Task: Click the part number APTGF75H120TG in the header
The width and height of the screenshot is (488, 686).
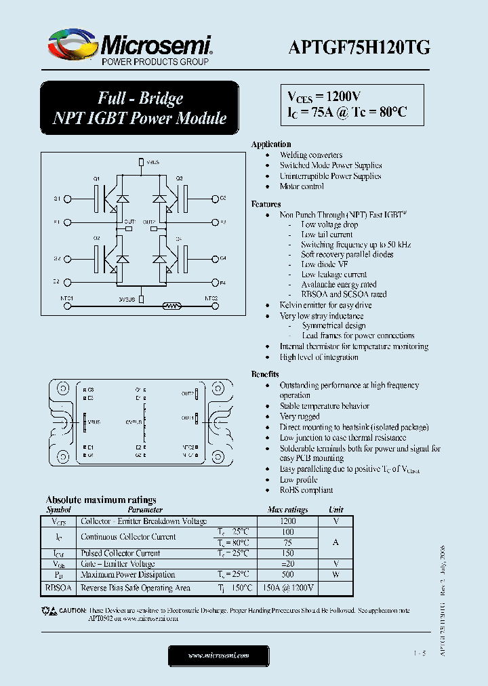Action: [x=359, y=47]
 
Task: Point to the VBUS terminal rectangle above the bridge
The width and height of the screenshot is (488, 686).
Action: [x=140, y=163]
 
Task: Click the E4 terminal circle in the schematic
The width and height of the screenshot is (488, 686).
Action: [x=215, y=281]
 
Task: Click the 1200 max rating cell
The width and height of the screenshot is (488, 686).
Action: [x=288, y=521]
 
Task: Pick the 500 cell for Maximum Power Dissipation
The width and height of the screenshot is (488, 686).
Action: [x=288, y=574]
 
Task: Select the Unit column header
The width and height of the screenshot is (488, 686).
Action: [x=336, y=510]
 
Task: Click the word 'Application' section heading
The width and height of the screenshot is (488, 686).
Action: [x=271, y=144]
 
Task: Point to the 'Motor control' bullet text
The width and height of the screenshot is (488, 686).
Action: [x=302, y=186]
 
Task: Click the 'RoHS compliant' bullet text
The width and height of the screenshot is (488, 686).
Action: [x=306, y=490]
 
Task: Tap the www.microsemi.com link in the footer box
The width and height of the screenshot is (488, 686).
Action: [x=218, y=655]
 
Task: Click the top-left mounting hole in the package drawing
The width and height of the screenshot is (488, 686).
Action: [x=62, y=390]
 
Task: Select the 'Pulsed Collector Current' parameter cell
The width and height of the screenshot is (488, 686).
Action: [x=120, y=553]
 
